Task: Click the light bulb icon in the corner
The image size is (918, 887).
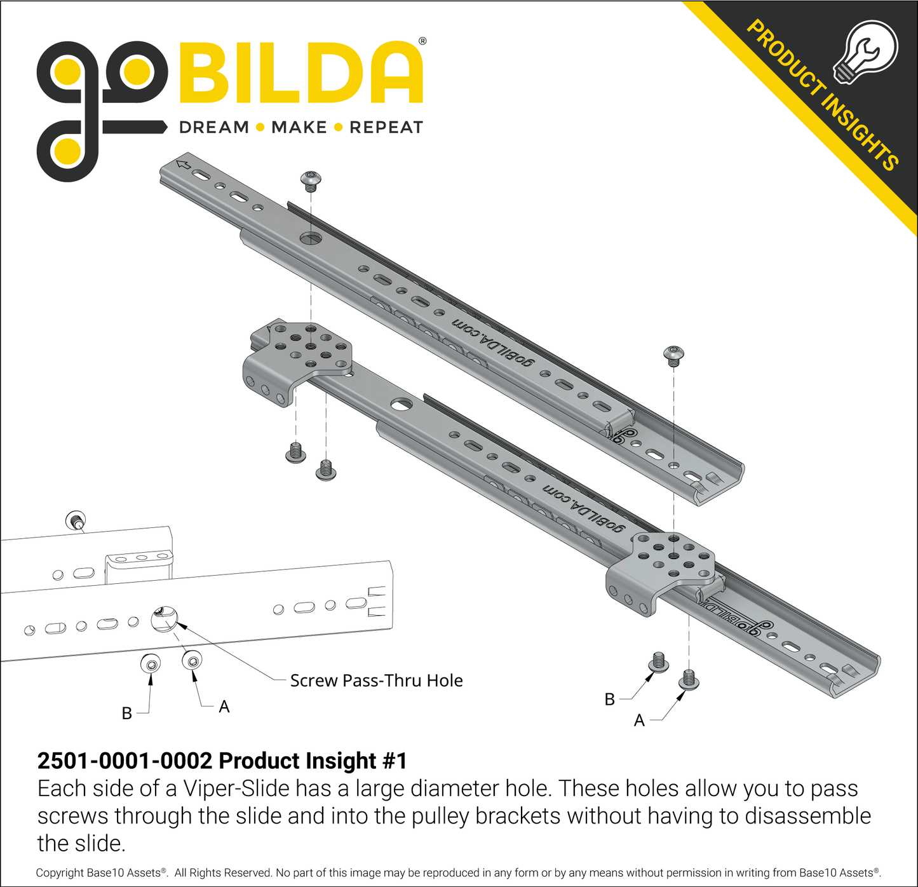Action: click(x=865, y=52)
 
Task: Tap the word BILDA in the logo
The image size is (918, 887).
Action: click(x=301, y=72)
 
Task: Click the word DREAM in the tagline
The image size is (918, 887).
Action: click(x=214, y=127)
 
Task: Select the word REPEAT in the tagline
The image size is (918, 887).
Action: click(x=386, y=127)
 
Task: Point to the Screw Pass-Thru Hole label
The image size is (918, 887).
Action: click(x=377, y=680)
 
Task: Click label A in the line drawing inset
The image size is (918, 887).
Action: click(x=224, y=707)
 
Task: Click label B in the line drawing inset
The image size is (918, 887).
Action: click(x=126, y=713)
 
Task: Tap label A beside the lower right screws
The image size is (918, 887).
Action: click(x=639, y=721)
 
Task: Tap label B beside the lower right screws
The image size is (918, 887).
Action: click(x=609, y=699)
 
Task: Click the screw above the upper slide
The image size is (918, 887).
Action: click(x=311, y=181)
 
